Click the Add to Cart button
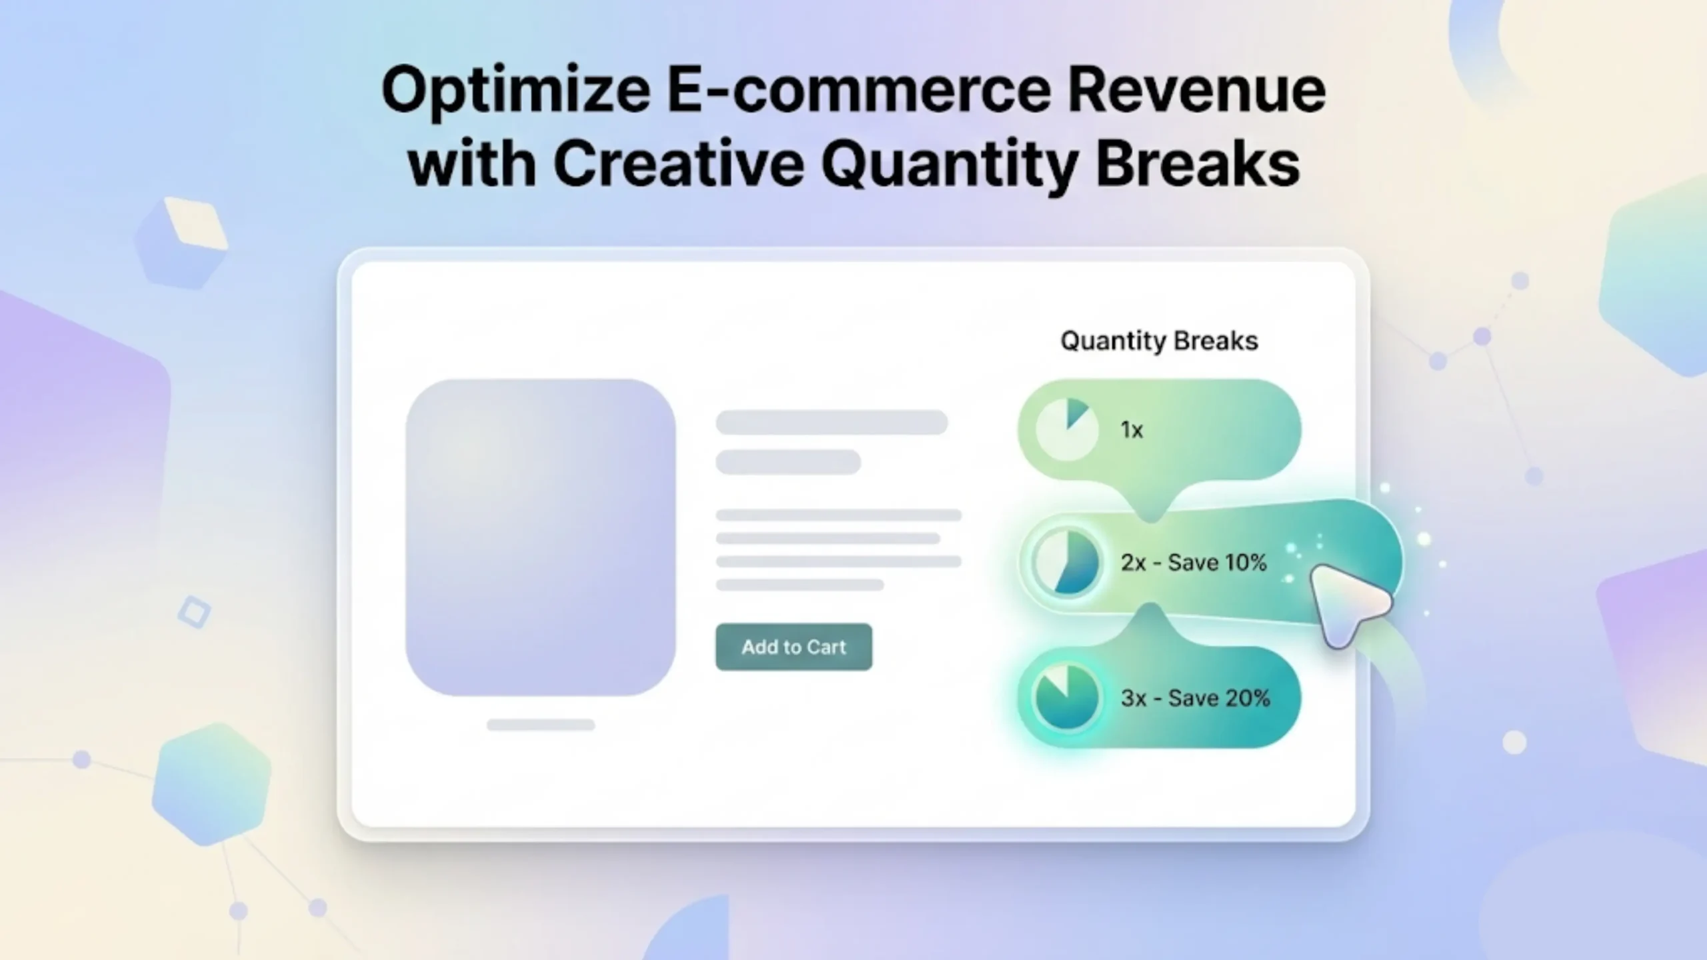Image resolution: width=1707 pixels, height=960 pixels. (793, 647)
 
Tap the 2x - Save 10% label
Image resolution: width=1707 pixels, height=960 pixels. (1194, 563)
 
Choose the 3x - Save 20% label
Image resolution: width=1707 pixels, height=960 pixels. (1195, 698)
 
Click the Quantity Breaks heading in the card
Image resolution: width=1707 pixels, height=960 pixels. (1159, 341)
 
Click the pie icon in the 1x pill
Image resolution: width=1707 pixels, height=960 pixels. (1067, 429)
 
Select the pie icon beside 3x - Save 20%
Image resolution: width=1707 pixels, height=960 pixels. (1067, 697)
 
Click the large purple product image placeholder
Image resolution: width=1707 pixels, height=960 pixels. (540, 537)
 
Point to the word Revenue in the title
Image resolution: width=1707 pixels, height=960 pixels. (1196, 90)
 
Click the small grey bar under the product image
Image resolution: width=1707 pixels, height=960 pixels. (540, 725)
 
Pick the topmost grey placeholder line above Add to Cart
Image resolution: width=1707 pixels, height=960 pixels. (831, 423)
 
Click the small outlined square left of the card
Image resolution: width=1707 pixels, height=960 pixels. (195, 612)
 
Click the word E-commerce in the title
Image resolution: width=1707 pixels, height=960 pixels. (860, 90)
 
